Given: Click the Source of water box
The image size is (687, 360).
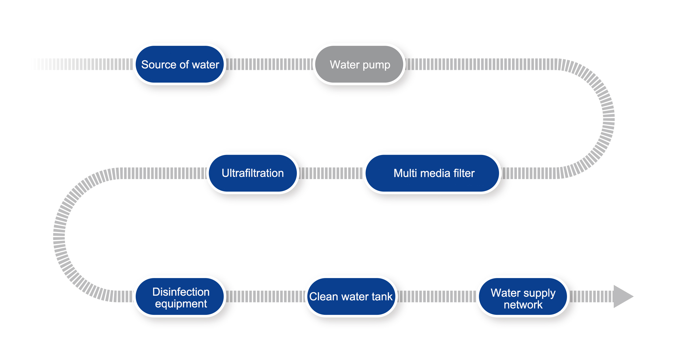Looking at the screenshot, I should point(180,64).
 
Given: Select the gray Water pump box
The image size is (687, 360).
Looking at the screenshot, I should point(360,64).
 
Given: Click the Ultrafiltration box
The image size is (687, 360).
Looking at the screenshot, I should point(253,173).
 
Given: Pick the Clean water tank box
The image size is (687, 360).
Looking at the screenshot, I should point(351,297).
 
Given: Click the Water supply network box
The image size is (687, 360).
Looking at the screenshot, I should point(523,297).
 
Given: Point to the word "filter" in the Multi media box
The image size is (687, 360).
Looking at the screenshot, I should point(464,173).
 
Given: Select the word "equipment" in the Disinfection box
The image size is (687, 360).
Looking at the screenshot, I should point(181,304).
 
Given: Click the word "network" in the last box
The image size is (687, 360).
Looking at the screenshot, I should point(523,305).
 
